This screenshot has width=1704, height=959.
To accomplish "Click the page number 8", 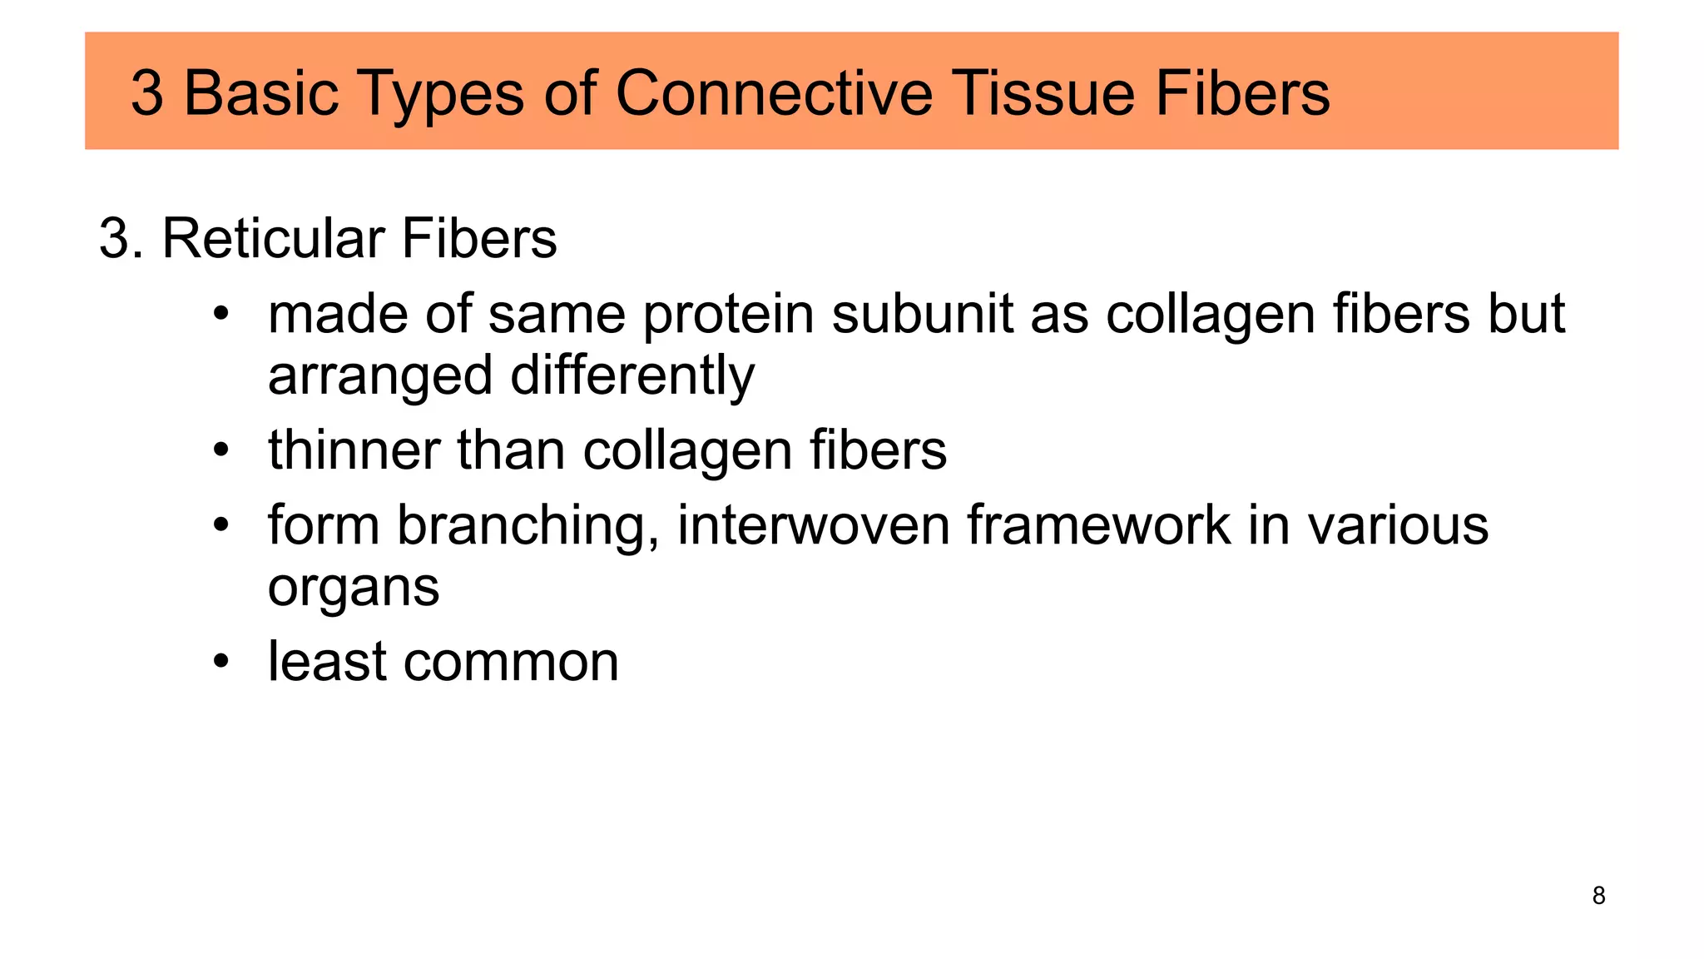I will pos(1598,896).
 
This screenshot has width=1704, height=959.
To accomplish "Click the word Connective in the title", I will pos(774,93).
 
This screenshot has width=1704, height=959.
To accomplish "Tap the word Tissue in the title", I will pos(1043,93).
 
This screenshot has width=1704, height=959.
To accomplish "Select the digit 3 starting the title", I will pos(147,93).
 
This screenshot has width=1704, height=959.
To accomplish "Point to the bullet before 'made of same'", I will pos(220,316).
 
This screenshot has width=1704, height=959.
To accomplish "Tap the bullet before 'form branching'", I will pos(220,527).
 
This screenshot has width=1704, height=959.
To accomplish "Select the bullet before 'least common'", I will pos(220,663).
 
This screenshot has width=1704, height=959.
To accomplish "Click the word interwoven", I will pos(813,526).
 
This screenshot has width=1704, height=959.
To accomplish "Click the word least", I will pos(327,663).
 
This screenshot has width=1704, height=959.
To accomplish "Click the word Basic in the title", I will pos(260,93).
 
